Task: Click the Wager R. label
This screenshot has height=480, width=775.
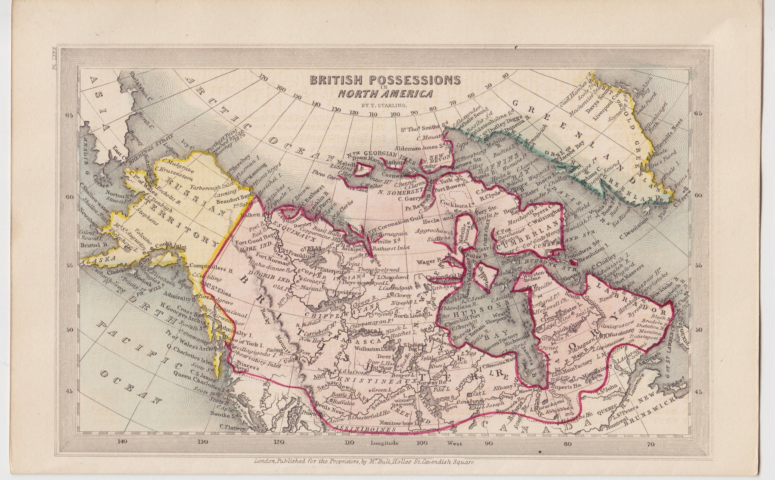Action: [428, 261]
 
